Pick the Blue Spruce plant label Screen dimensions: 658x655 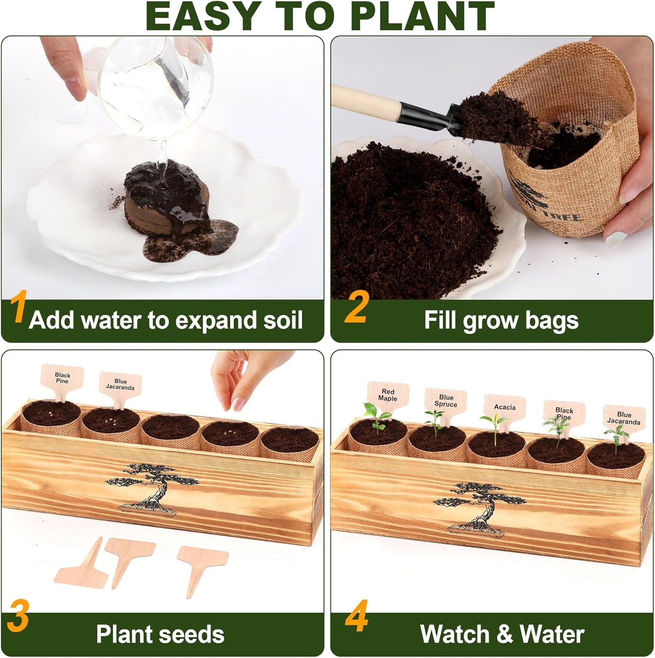click(446, 400)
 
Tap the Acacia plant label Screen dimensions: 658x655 click(505, 407)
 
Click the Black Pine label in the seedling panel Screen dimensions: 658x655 click(564, 414)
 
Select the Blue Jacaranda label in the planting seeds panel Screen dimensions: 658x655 click(120, 384)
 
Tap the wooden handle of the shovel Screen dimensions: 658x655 click(363, 101)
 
